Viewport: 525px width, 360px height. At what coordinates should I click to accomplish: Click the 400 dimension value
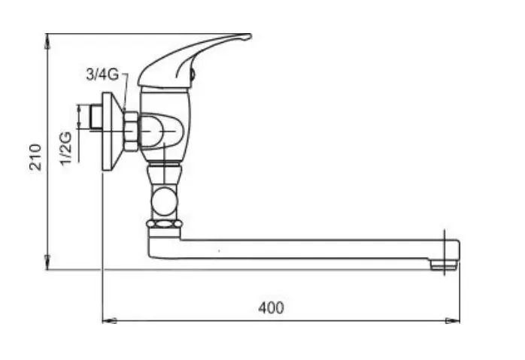point(271,307)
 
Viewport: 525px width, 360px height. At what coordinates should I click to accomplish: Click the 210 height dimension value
point(35,157)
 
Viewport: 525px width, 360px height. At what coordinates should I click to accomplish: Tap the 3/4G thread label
point(102,74)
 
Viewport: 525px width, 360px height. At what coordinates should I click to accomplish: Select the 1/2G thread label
point(65,148)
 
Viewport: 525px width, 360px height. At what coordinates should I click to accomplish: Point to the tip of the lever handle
point(249,35)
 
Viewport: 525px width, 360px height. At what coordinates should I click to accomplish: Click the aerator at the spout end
point(444,265)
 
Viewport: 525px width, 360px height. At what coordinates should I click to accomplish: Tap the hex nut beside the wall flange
point(131,132)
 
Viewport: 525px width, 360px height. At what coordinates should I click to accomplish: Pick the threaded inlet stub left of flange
point(96,117)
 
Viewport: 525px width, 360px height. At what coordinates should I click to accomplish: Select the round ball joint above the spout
point(164,201)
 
